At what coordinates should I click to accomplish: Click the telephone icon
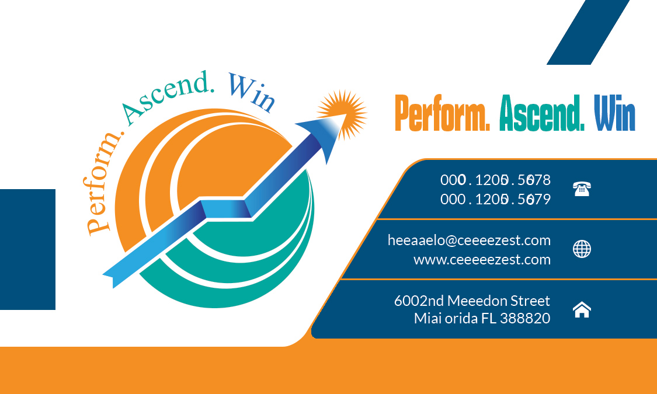pyautogui.click(x=582, y=189)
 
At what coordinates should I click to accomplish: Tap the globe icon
pyautogui.click(x=582, y=249)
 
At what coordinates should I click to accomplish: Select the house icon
pyautogui.click(x=582, y=310)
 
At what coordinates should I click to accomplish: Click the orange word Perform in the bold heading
pyautogui.click(x=442, y=114)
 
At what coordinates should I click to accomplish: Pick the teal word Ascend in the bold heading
pyautogui.click(x=542, y=114)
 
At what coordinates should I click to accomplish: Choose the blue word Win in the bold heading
pyautogui.click(x=614, y=114)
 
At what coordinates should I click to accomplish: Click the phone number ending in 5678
pyautogui.click(x=495, y=180)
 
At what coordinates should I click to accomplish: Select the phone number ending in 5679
pyautogui.click(x=495, y=200)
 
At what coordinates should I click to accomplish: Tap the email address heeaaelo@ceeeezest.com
pyautogui.click(x=469, y=240)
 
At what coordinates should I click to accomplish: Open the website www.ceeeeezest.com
pyautogui.click(x=482, y=260)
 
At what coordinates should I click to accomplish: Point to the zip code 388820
pyautogui.click(x=525, y=319)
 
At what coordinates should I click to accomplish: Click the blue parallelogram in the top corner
pyautogui.click(x=588, y=32)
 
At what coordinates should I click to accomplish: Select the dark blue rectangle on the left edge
pyautogui.click(x=27, y=249)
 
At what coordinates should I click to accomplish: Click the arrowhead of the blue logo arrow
pyautogui.click(x=318, y=137)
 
